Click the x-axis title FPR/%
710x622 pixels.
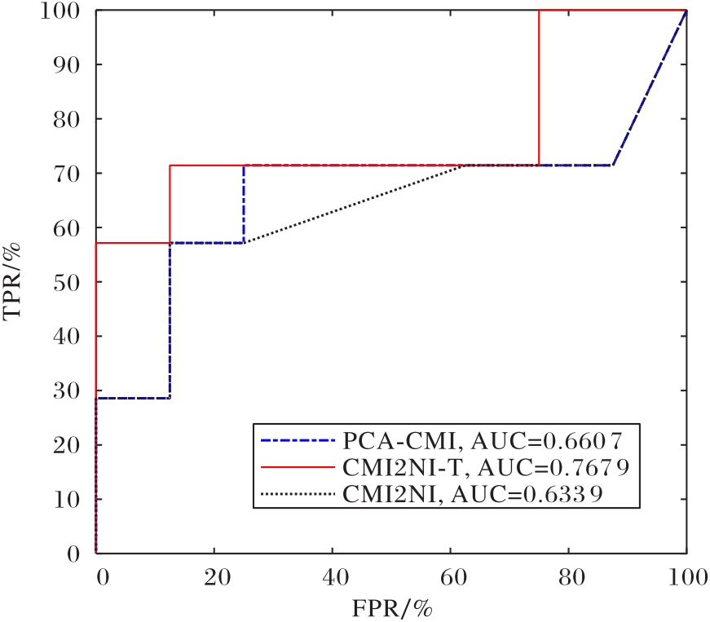click(x=391, y=608)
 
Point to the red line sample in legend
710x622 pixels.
click(x=298, y=468)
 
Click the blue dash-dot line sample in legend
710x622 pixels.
click(x=298, y=443)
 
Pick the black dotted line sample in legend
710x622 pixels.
click(x=298, y=494)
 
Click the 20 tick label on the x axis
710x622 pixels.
click(x=214, y=576)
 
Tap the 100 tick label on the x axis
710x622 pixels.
click(x=685, y=576)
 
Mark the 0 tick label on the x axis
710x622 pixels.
click(x=101, y=576)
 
